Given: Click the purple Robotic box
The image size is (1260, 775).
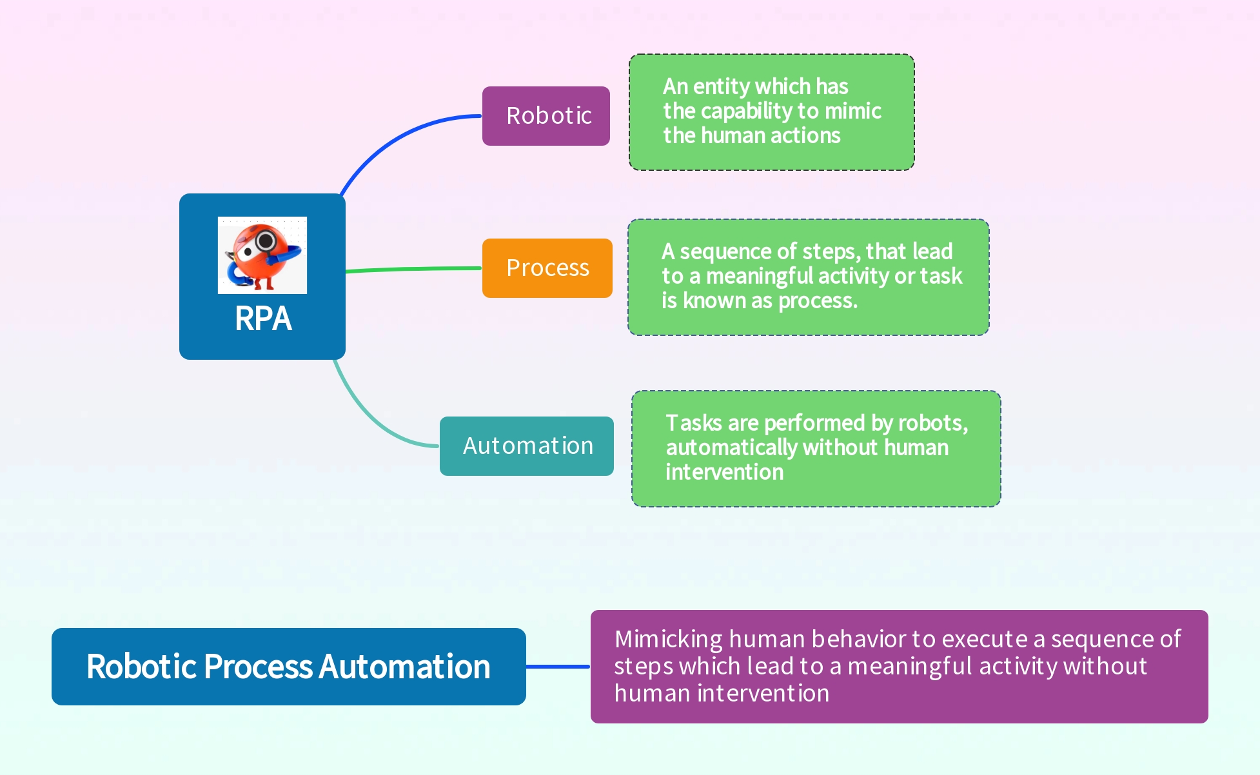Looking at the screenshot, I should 546,116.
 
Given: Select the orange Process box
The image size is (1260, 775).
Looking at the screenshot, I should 547,268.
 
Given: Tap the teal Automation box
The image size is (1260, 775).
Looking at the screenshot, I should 526,446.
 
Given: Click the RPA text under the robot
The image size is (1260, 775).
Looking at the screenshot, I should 262,319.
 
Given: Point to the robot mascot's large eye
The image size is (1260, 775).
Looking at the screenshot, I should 265,242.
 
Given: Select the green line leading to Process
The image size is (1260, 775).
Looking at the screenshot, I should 413,269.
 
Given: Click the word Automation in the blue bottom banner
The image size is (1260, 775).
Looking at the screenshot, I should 404,667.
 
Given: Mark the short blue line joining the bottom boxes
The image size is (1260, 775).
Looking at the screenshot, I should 558,667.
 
